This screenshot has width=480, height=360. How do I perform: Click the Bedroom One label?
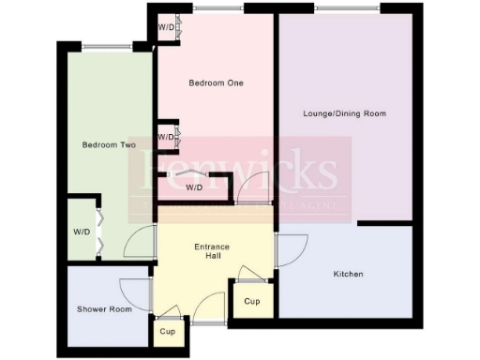(216, 83)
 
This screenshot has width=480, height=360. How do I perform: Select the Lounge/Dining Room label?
(345, 113)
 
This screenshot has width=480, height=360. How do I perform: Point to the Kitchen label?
(348, 274)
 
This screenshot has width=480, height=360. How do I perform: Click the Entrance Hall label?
(212, 251)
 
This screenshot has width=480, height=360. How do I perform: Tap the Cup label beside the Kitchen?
(251, 302)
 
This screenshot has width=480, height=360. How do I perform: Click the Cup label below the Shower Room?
(168, 332)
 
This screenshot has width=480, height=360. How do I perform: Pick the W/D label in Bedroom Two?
(82, 232)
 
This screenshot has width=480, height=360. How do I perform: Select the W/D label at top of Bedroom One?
(166, 27)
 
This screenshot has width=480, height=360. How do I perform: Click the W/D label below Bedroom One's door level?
(194, 187)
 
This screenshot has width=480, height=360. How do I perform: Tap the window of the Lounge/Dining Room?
(347, 8)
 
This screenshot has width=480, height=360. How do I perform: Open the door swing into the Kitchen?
(292, 249)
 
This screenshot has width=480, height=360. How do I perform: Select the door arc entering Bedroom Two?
(141, 244)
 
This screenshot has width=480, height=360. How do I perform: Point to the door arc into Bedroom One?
(252, 189)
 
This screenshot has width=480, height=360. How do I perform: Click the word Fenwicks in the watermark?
(239, 171)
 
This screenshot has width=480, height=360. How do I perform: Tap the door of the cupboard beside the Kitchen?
(250, 274)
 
